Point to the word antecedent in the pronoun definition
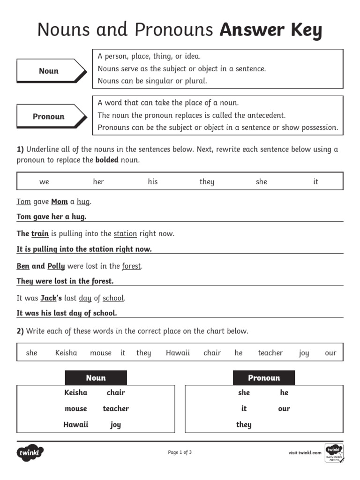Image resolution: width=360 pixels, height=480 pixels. (264, 115)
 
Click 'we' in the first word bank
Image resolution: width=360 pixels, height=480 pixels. (44, 182)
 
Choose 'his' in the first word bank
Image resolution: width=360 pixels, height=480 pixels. (153, 182)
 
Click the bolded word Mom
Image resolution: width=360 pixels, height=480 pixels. (60, 202)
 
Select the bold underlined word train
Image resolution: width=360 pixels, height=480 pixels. (40, 233)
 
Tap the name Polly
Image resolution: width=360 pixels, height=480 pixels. (56, 266)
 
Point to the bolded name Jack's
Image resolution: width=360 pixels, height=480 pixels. (51, 298)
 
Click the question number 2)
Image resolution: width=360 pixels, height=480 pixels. (20, 331)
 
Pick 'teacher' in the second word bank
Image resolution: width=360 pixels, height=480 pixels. (270, 353)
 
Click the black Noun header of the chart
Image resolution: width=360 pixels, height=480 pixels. (96, 378)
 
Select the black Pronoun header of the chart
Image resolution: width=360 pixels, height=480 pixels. (264, 378)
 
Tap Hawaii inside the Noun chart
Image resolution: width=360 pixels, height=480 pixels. (76, 425)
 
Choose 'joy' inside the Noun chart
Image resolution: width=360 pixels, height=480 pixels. (116, 425)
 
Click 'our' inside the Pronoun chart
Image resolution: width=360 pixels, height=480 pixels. (284, 409)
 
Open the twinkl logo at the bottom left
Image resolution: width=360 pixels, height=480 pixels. (30, 453)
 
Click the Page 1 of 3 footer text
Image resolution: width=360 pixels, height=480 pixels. (180, 452)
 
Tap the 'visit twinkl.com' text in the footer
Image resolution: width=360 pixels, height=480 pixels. (305, 453)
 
